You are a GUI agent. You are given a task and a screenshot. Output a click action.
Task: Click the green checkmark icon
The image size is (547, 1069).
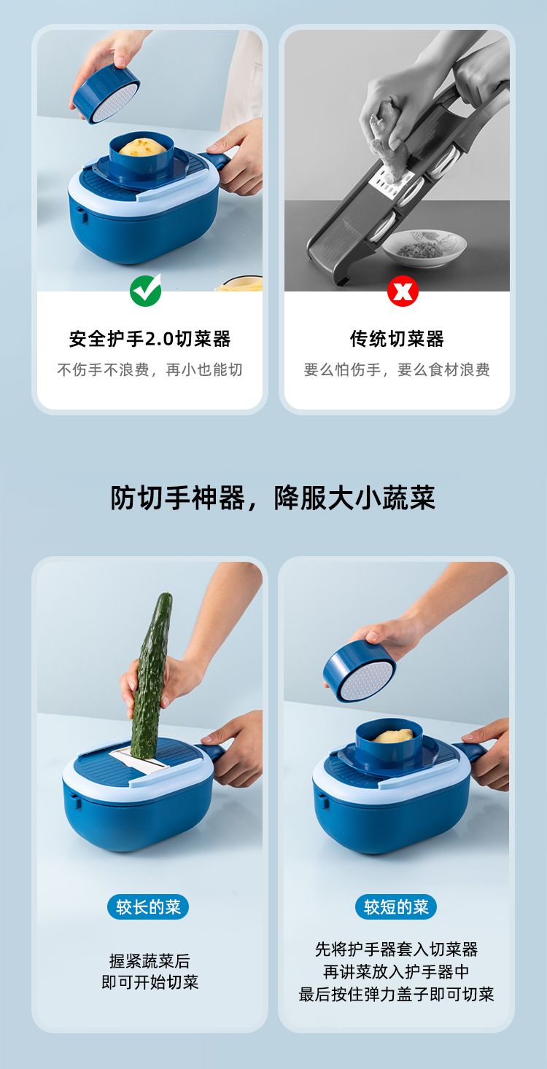[146, 291]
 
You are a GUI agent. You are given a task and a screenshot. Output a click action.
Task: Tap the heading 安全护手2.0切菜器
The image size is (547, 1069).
[150, 339]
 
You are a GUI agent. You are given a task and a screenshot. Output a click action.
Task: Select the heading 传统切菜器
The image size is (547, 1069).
[397, 339]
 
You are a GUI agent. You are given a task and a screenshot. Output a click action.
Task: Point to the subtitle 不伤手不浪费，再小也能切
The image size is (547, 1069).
[150, 369]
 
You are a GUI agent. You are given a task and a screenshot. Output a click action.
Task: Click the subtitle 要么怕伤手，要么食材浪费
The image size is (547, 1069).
[397, 369]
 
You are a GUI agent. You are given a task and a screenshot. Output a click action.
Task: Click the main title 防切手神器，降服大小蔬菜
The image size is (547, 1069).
[273, 498]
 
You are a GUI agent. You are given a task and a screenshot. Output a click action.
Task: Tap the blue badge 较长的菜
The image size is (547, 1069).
[148, 907]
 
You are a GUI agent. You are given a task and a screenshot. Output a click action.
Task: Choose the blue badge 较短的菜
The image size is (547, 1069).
[396, 907]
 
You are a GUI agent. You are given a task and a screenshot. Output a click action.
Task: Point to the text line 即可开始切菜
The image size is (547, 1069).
[150, 982]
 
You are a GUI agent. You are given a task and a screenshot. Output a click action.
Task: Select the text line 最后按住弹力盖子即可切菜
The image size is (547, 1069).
[396, 994]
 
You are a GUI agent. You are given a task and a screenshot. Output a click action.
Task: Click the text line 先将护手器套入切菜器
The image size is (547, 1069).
[396, 949]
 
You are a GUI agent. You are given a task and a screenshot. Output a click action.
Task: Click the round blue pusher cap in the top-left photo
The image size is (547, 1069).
[106, 93]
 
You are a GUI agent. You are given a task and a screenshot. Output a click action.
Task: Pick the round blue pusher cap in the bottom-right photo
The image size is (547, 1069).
[359, 671]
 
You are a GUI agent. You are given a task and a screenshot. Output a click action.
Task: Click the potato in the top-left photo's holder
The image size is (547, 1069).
[142, 147]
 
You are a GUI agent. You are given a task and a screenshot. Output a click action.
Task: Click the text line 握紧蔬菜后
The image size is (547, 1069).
[150, 960]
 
